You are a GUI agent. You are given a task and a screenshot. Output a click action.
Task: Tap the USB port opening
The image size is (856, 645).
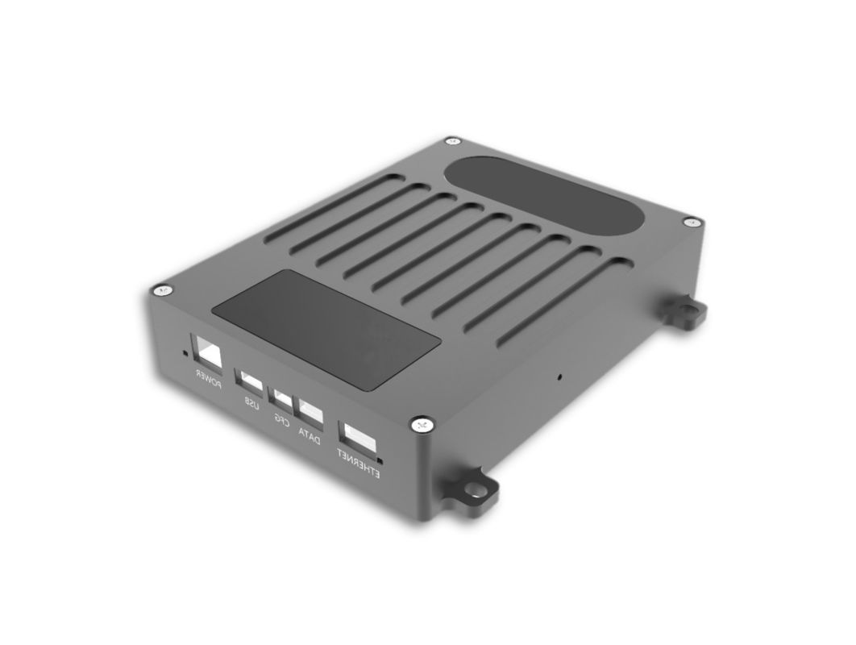pyautogui.click(x=249, y=381)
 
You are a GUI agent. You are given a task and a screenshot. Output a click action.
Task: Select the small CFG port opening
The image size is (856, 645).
pyautogui.click(x=282, y=397)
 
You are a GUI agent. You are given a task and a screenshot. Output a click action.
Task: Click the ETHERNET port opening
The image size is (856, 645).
pyautogui.click(x=359, y=439)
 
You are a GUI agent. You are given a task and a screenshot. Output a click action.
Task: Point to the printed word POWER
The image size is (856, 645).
pyautogui.click(x=208, y=379)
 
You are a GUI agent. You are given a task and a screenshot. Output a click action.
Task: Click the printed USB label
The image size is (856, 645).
pyautogui.click(x=251, y=403)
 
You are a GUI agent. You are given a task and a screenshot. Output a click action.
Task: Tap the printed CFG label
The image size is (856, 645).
pyautogui.click(x=281, y=419)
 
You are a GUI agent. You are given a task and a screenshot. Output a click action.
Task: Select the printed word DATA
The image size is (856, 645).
pyautogui.click(x=310, y=436)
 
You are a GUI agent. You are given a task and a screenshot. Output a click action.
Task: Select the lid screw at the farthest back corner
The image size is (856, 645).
pyautogui.click(x=452, y=142)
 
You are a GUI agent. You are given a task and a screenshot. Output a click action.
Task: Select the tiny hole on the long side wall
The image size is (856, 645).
pyautogui.click(x=559, y=376)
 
